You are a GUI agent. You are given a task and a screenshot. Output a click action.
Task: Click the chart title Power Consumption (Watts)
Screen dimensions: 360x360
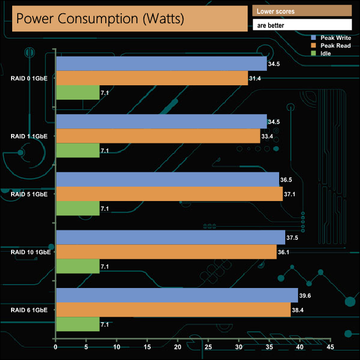point(100,19)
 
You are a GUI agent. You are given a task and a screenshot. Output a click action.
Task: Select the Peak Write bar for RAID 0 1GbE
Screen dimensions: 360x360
point(161,64)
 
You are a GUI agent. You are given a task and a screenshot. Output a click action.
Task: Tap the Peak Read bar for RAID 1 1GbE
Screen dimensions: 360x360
point(158,136)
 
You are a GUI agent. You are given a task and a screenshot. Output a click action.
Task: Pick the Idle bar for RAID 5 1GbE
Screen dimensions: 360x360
point(78,208)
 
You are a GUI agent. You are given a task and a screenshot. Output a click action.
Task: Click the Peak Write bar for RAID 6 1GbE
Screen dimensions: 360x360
point(177,295)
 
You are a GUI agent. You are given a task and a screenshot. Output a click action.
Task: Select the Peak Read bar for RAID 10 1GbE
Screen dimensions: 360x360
point(166,252)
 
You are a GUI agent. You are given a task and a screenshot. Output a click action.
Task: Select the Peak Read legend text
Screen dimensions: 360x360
point(336,45)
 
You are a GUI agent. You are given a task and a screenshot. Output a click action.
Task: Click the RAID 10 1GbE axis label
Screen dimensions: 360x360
point(30,252)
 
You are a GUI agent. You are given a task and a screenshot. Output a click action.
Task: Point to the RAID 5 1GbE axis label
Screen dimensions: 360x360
point(33,194)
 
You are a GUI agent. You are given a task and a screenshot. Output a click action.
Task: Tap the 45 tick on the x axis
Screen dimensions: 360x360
point(330,347)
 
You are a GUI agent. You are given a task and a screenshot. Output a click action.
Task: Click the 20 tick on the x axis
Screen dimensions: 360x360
point(177,347)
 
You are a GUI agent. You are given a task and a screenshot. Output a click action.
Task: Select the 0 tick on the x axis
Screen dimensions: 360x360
point(56,347)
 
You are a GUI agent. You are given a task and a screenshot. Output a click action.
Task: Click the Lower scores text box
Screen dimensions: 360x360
point(302,11)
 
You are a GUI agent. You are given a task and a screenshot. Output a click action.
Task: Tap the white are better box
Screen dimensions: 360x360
point(302,25)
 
